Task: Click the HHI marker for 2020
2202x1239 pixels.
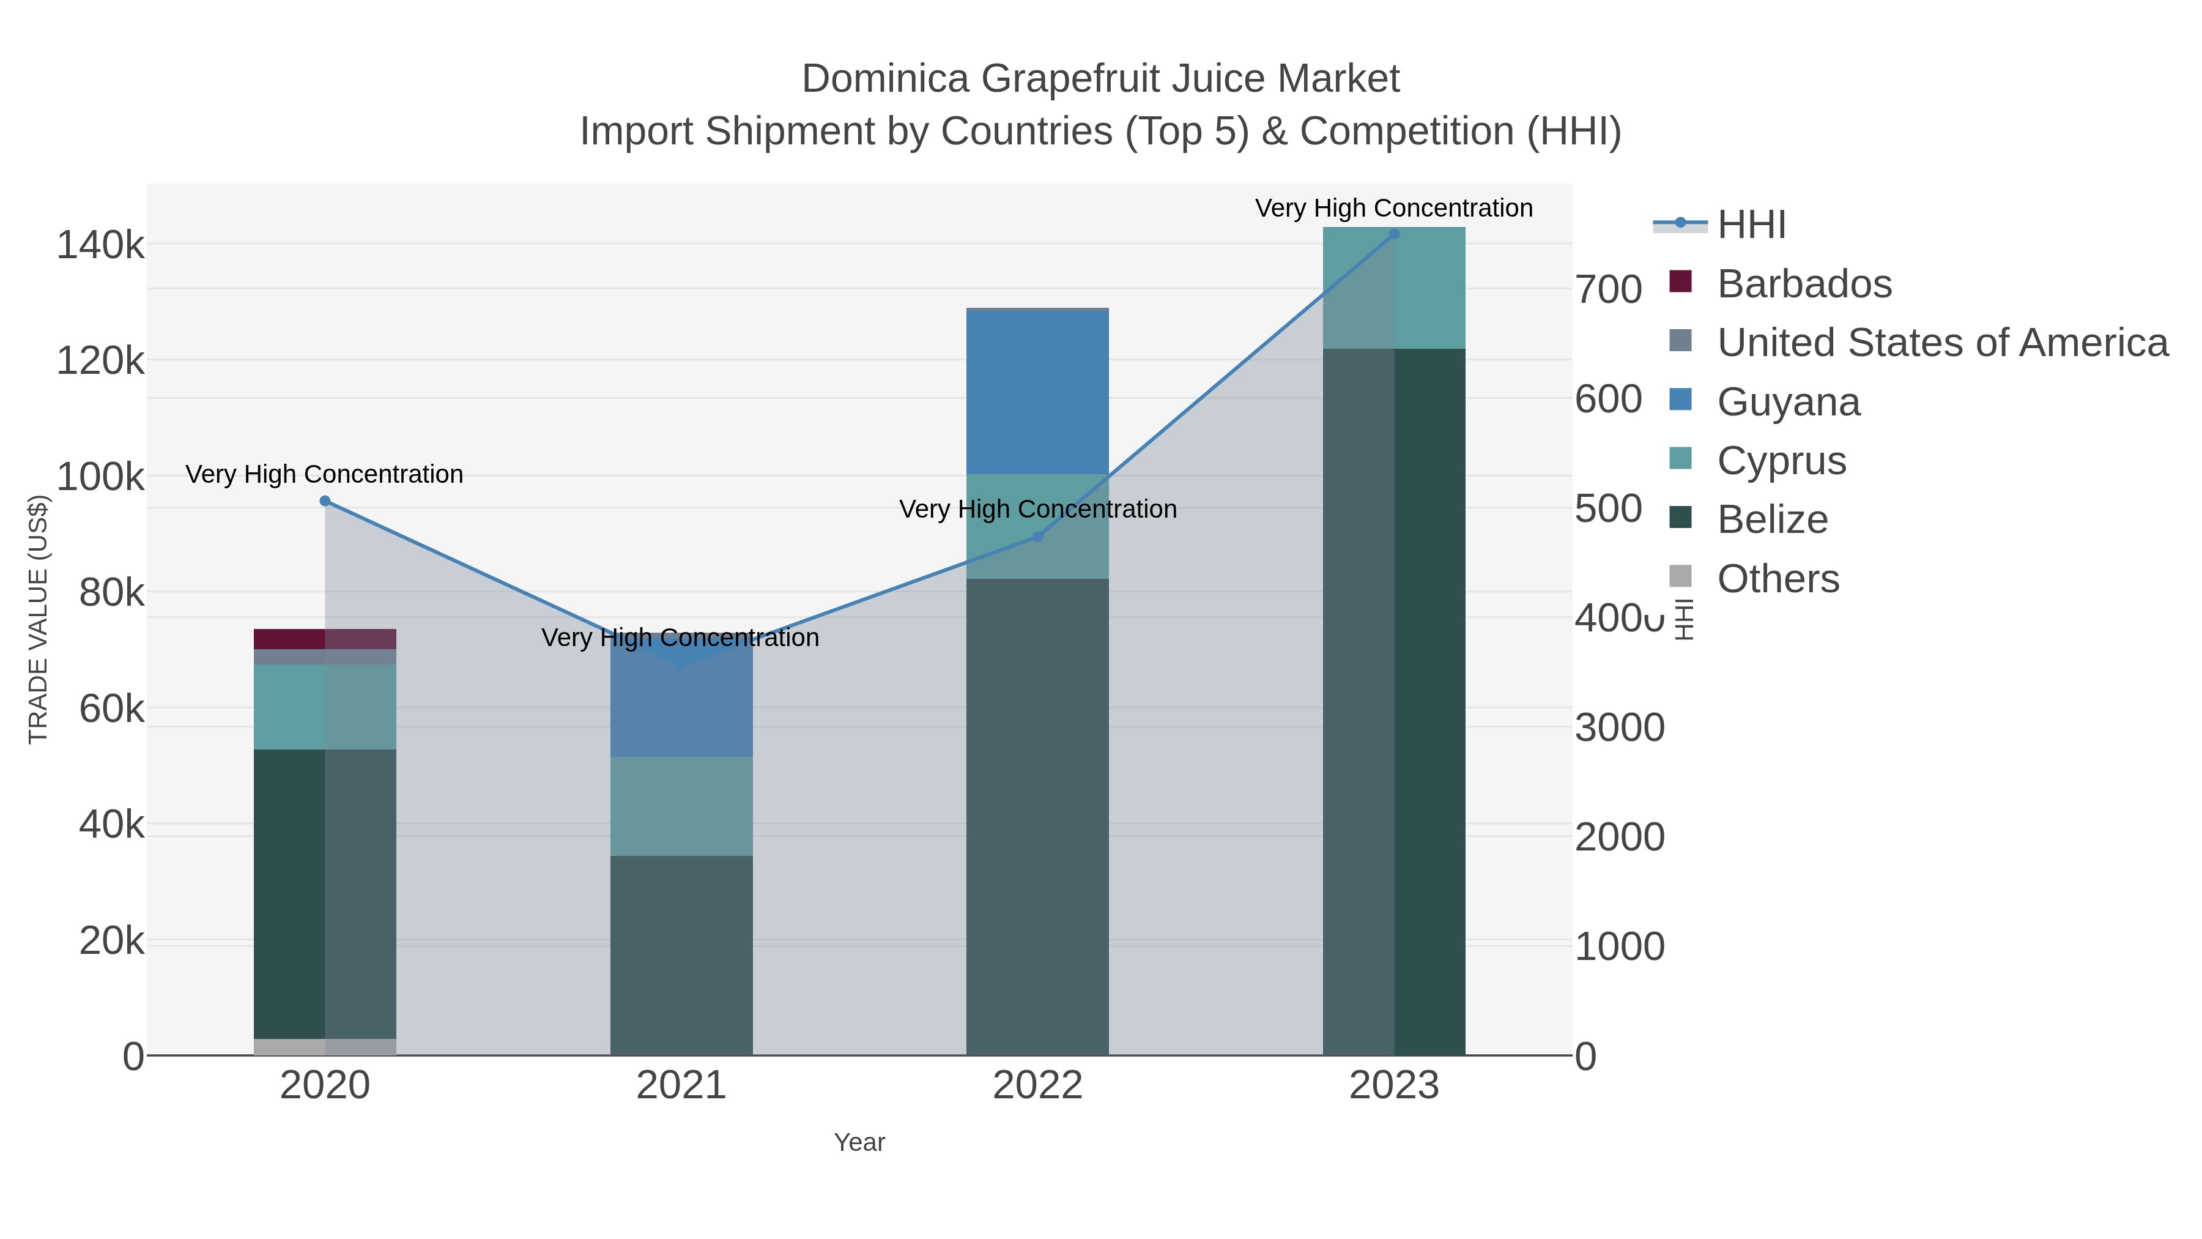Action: click(325, 501)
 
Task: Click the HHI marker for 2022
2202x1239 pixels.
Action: click(1038, 537)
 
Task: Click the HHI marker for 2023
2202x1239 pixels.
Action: click(1394, 234)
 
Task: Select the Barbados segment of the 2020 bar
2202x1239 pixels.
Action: click(325, 639)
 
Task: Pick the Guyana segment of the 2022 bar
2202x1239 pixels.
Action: click(1038, 392)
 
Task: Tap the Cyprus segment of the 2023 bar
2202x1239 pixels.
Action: click(1394, 288)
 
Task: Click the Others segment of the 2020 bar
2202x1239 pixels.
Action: click(325, 1047)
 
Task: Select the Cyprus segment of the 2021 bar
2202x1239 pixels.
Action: click(681, 806)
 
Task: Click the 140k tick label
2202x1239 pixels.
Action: click(101, 245)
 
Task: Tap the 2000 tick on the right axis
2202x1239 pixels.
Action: click(1619, 837)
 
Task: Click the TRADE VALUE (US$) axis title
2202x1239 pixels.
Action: click(39, 619)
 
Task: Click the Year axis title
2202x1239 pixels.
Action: click(859, 1142)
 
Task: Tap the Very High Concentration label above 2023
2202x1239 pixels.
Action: click(1393, 208)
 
